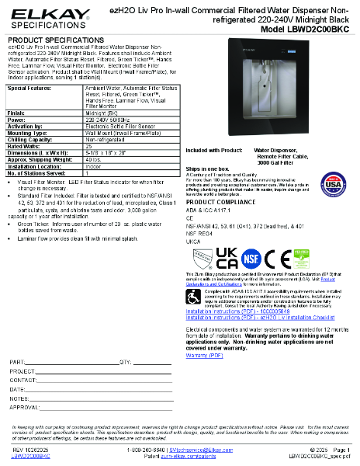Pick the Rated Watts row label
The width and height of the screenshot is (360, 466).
pyautogui.click(x=26, y=145)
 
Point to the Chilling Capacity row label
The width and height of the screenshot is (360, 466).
pyautogui.click(x=32, y=140)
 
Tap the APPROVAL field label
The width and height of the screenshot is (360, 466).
pyautogui.click(x=24, y=406)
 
